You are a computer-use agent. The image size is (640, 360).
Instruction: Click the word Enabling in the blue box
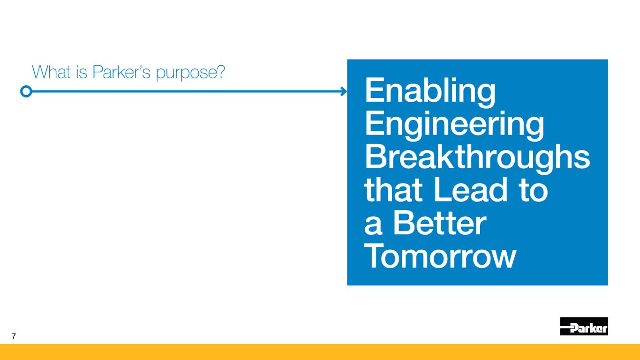(430, 92)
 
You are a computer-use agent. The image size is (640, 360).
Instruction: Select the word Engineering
(454, 126)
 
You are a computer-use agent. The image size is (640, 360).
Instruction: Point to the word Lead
(470, 189)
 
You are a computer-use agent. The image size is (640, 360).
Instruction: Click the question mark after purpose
(220, 71)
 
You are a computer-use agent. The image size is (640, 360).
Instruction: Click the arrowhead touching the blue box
(344, 91)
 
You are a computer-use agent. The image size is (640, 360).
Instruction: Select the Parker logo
(584, 326)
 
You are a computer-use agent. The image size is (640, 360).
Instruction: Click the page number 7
(14, 336)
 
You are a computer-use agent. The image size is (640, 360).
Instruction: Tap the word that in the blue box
(393, 189)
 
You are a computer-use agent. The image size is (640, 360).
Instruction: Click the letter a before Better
(373, 225)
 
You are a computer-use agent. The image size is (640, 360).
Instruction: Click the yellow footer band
(320, 352)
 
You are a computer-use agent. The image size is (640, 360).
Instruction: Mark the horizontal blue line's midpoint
(186, 91)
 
